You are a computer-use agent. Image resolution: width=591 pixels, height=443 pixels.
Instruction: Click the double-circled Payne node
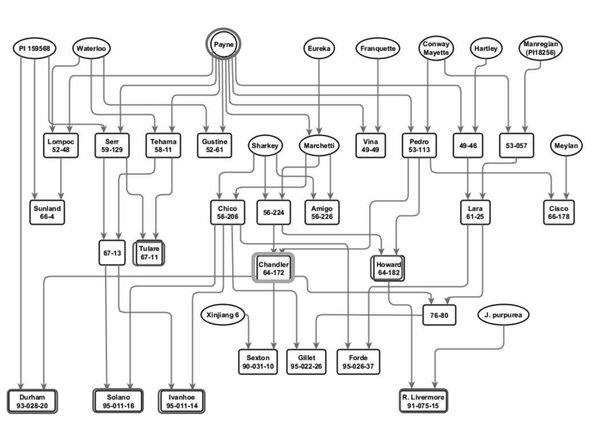223,44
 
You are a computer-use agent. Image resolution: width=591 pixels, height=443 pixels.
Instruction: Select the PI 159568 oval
35,48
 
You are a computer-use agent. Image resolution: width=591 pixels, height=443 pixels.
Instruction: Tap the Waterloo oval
92,48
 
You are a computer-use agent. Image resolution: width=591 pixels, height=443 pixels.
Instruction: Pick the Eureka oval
319,48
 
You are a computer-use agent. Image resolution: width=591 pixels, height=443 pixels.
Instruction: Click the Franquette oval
378,48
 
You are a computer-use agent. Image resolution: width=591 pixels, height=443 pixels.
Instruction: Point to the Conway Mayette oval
436,48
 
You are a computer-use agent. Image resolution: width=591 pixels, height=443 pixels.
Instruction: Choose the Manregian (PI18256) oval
540,48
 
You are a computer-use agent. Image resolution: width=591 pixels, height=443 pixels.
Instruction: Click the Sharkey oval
265,146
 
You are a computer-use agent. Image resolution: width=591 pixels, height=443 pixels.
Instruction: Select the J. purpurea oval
504,315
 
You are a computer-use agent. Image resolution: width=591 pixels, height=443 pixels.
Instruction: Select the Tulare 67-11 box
149,253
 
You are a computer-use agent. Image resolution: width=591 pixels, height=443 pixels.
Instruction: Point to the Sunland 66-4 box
46,212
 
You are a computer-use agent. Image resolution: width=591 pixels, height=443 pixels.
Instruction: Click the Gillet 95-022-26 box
306,362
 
